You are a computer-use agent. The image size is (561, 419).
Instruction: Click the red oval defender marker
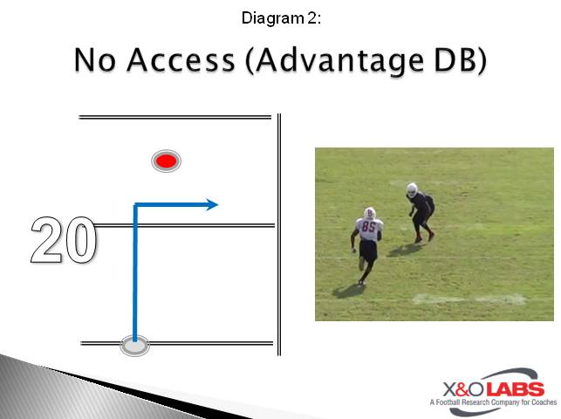coord(166,161)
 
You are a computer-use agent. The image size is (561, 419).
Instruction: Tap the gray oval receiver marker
coord(134,346)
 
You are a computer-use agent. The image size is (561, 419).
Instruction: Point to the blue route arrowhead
coord(212,205)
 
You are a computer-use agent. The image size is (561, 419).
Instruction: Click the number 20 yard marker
coord(63,241)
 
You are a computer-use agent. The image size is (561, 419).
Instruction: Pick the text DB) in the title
coord(457,61)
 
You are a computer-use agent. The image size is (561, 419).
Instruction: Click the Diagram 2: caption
coord(280,17)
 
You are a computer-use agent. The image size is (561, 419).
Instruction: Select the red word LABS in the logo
coord(515,388)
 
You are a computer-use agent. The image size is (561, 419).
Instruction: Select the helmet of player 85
coord(370,212)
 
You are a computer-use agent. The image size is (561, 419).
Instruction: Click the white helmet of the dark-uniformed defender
coord(412,188)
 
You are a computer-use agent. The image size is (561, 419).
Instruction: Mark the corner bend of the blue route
coord(135,206)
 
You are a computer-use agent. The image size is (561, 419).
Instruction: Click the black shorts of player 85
coord(368,251)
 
